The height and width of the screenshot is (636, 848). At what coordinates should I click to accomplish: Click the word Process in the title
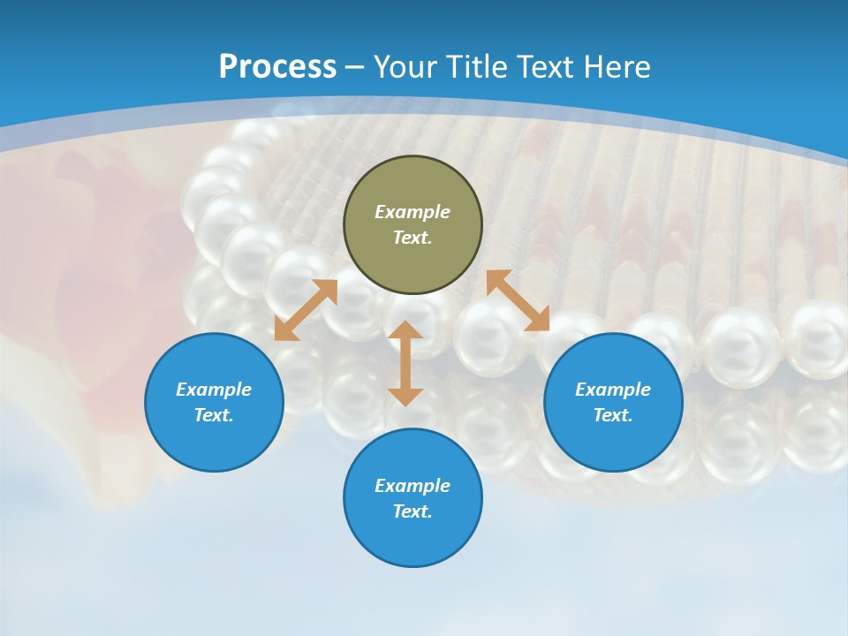277,67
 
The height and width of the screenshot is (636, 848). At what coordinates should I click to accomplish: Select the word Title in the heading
478,67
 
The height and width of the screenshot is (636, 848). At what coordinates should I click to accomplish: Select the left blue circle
214,402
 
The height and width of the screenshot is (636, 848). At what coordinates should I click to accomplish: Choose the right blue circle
613,402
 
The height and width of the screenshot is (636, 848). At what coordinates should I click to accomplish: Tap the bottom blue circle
413,497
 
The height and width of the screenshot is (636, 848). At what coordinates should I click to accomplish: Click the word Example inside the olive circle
413,212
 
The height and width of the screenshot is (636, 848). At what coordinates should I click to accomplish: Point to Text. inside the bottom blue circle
413,511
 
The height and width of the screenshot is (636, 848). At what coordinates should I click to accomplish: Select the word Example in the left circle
214,390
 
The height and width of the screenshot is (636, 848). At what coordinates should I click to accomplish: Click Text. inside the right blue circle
613,415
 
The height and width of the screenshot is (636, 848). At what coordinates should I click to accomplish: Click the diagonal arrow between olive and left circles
306,310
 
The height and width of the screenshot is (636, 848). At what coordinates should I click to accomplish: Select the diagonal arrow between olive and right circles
518,300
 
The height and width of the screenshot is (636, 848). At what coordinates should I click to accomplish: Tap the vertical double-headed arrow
405,363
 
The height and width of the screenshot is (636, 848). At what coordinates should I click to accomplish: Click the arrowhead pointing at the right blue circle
538,320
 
